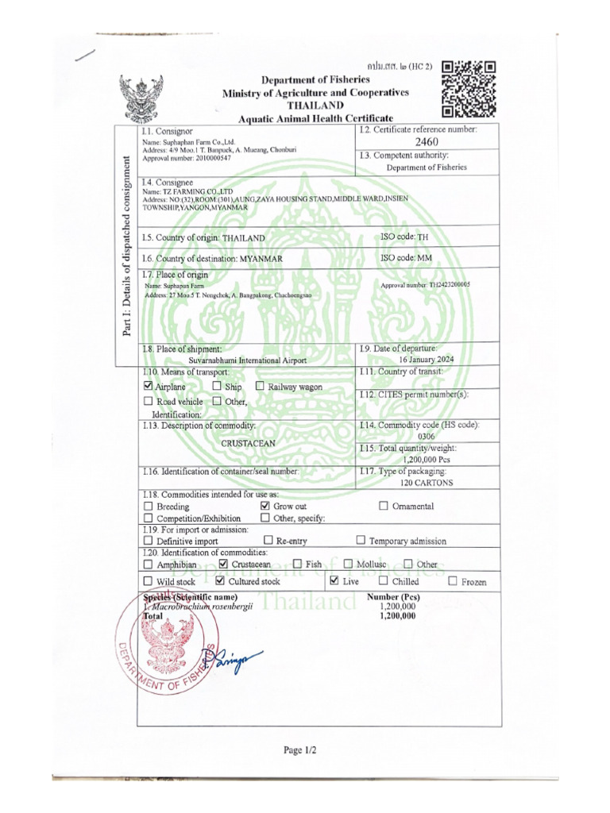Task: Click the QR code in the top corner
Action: (x=469, y=89)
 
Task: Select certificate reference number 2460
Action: (x=427, y=141)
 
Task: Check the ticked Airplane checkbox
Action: (x=148, y=386)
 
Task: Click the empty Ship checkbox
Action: (x=218, y=386)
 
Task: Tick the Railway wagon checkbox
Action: (x=261, y=386)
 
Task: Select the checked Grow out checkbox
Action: (x=265, y=506)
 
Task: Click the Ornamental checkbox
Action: (x=384, y=506)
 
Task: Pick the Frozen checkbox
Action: (x=453, y=581)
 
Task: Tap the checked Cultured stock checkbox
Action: (x=221, y=581)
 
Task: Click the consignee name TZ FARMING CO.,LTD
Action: (x=187, y=192)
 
